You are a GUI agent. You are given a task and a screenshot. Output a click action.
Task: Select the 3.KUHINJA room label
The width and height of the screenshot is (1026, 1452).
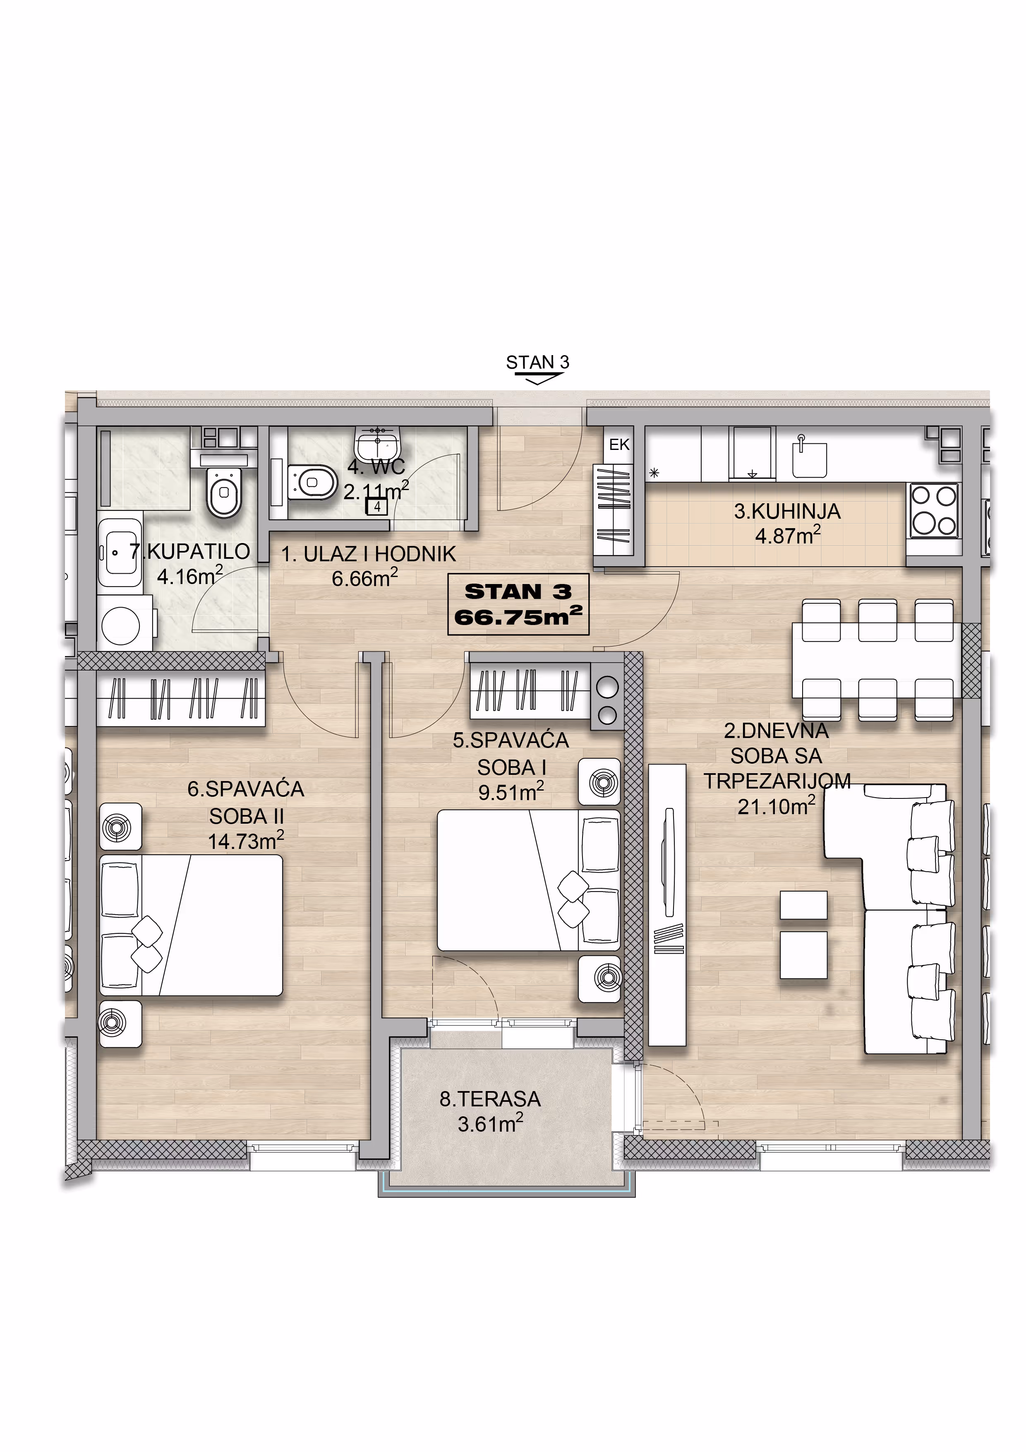tap(787, 511)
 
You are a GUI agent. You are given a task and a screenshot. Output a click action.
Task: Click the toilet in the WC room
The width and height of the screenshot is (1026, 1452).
tap(312, 483)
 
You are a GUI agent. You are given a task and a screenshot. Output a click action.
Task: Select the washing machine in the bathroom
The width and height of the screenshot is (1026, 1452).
tap(125, 623)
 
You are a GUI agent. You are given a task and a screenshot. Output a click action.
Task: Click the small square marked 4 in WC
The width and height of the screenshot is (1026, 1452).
tap(377, 507)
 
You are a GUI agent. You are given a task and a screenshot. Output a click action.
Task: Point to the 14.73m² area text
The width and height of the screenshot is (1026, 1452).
tap(246, 841)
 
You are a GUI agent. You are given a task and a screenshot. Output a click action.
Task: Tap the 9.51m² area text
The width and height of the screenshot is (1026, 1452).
tap(511, 791)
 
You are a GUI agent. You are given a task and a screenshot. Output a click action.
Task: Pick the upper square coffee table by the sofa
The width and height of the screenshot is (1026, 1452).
tap(803, 905)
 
